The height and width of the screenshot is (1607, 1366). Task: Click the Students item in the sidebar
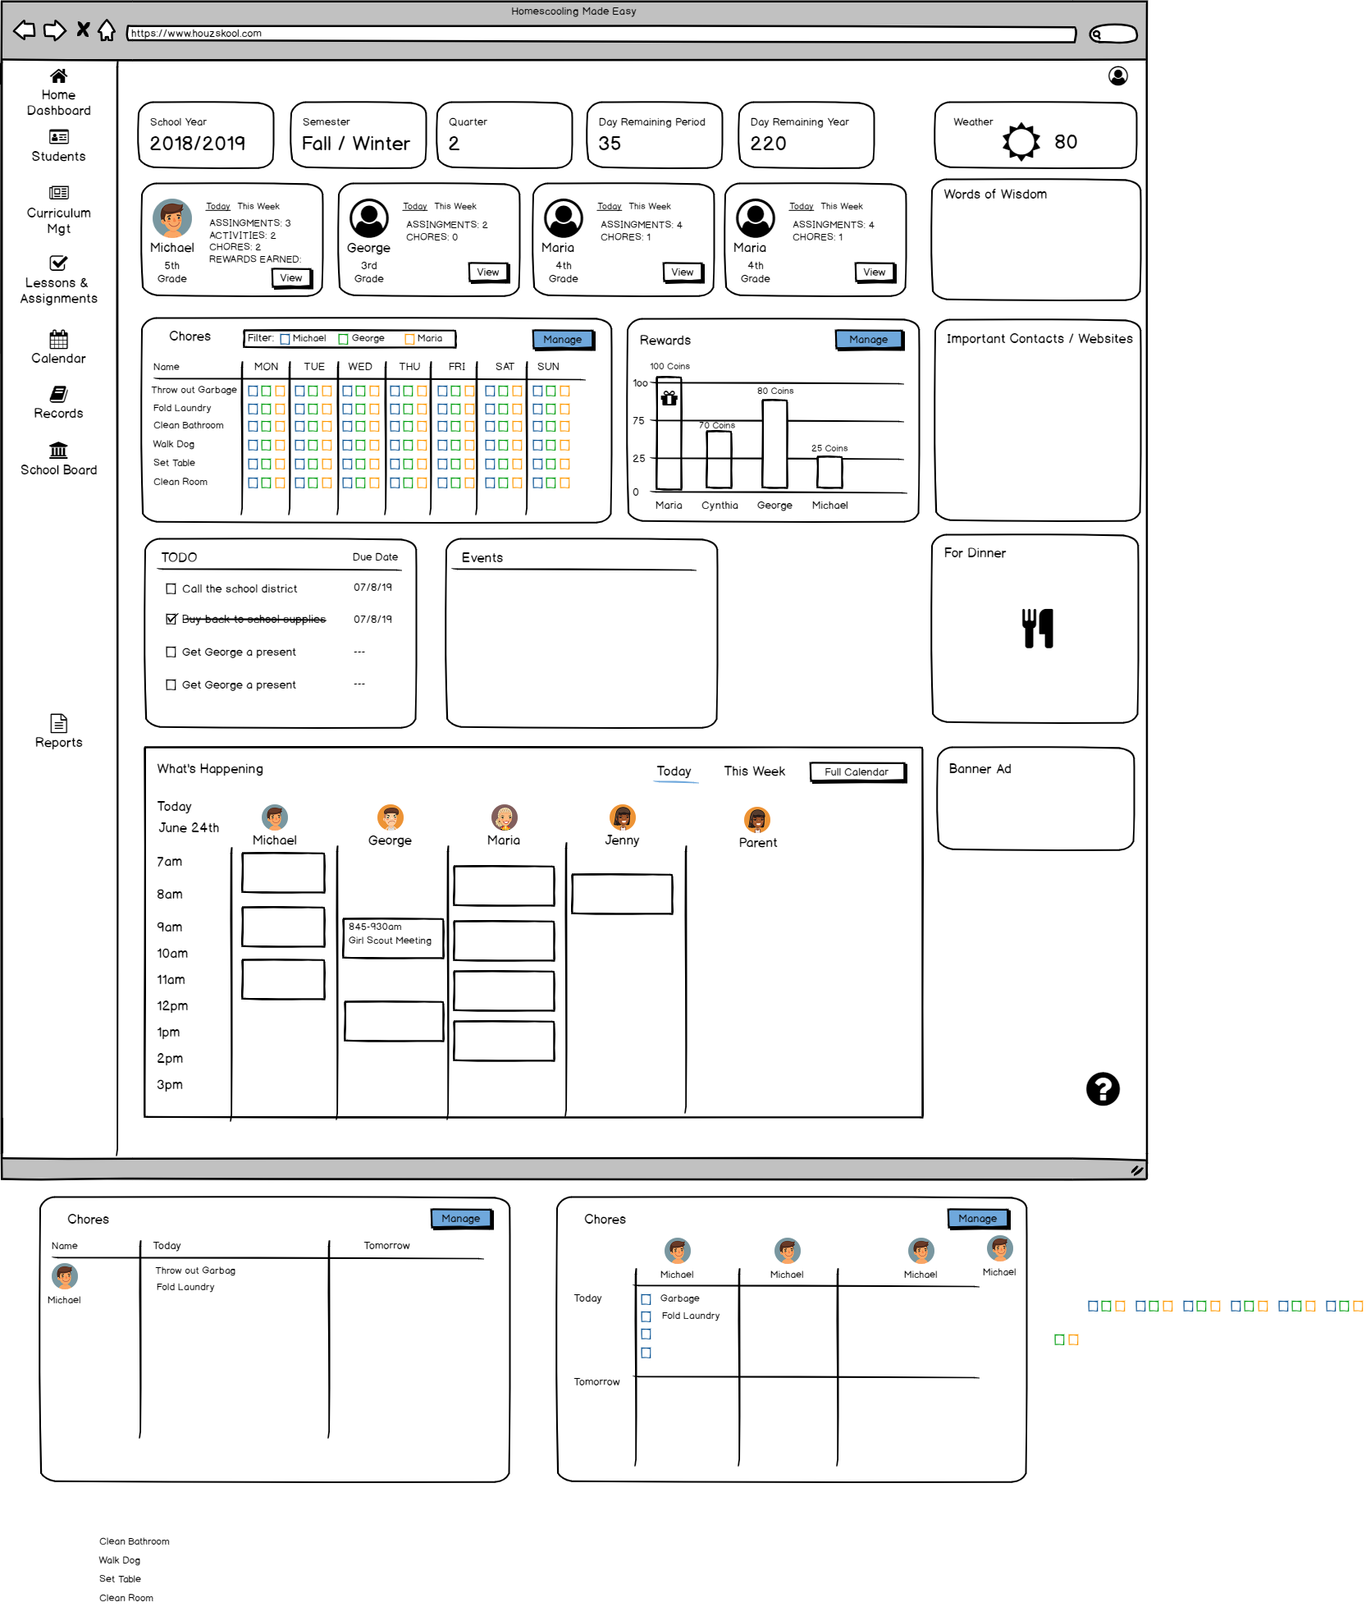click(x=58, y=146)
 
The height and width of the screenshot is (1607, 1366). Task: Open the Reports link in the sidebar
click(x=58, y=731)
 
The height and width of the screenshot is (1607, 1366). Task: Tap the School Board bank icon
click(x=58, y=450)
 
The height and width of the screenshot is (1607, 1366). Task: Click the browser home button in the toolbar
click(x=107, y=31)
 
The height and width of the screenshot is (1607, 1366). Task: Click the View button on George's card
click(x=487, y=272)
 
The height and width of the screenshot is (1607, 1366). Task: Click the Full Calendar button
click(x=857, y=772)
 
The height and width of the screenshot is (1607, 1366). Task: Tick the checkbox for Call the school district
click(x=171, y=588)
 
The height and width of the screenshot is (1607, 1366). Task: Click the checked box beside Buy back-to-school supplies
click(x=171, y=619)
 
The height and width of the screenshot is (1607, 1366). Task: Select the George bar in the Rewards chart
click(x=774, y=443)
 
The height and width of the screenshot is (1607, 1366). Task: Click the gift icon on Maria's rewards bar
click(x=669, y=399)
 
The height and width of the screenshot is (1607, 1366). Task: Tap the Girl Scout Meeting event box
click(x=393, y=937)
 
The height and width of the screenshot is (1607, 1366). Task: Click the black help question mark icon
click(x=1102, y=1089)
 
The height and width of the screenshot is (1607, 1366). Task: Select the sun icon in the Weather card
click(x=1021, y=141)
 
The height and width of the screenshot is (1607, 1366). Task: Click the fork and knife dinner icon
click(x=1037, y=629)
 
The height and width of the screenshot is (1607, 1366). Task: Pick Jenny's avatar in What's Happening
click(x=622, y=817)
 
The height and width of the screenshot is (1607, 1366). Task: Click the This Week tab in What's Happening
click(x=754, y=771)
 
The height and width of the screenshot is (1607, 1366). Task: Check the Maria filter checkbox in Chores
click(x=409, y=339)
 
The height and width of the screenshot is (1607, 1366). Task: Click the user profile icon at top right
click(x=1117, y=76)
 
